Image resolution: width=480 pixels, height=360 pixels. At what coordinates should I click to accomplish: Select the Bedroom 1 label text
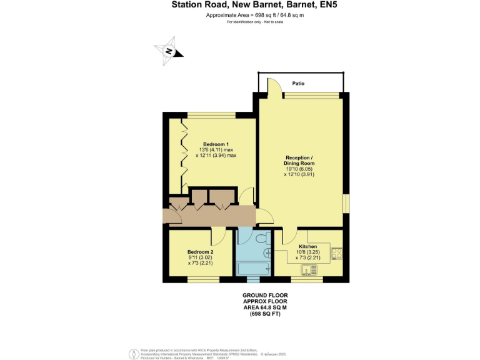pos(215,143)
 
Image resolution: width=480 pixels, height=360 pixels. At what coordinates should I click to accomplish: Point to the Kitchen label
pos(307,246)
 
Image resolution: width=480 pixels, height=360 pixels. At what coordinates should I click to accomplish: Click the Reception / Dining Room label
pos(300,160)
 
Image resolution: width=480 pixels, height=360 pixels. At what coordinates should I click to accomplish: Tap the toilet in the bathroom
pos(261,237)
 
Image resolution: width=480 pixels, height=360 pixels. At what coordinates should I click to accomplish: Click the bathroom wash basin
pos(267,253)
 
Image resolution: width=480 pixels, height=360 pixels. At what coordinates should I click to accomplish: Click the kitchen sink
pos(309,270)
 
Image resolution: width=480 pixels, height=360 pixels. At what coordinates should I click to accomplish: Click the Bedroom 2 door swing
pos(218,236)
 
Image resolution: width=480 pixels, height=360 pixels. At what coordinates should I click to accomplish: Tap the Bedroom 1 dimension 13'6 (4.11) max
pos(216,150)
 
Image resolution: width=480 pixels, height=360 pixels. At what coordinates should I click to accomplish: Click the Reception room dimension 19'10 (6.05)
pos(300,169)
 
